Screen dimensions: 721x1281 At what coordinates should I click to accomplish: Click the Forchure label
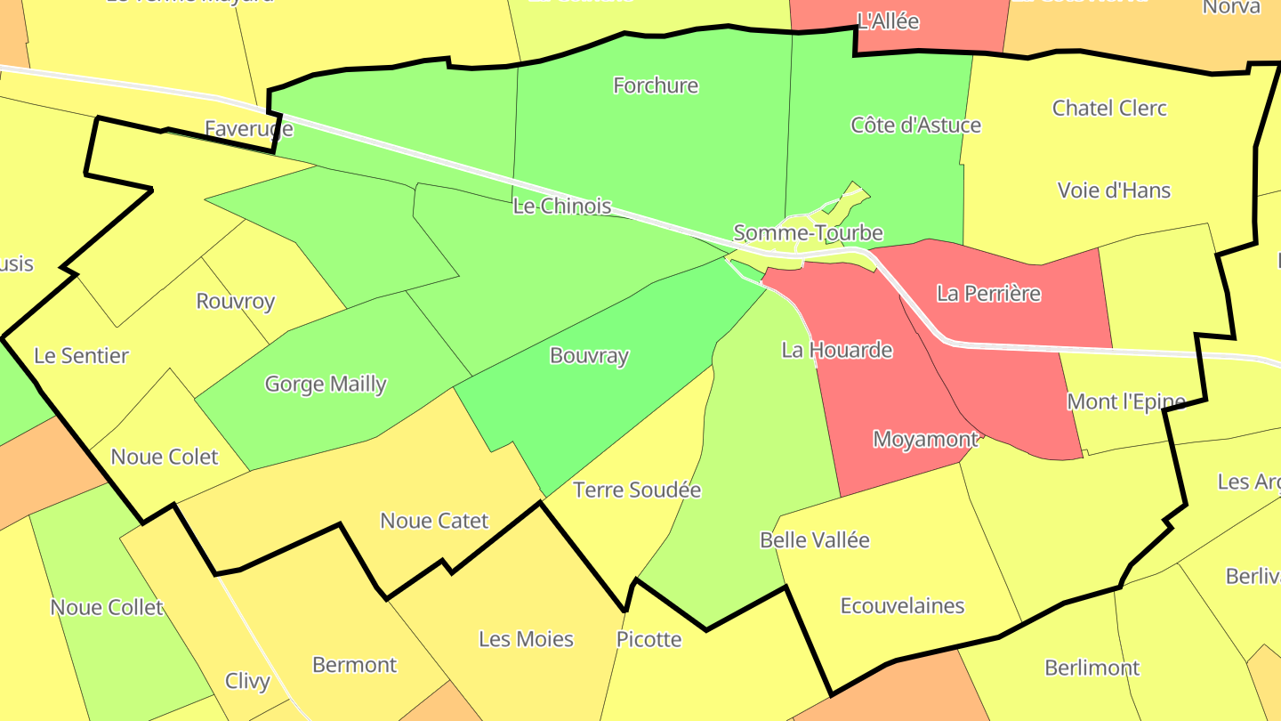point(656,85)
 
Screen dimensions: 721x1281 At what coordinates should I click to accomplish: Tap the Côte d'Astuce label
point(915,125)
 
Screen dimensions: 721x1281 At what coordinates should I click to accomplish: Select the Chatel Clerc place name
point(1109,108)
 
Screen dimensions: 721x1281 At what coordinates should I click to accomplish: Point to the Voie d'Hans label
point(1114,190)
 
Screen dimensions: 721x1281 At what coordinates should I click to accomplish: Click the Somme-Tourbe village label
point(808,233)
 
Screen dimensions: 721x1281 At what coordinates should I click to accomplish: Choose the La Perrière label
point(988,293)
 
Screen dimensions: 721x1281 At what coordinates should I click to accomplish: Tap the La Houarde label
point(836,350)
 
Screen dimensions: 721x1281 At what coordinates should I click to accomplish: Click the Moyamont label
point(925,439)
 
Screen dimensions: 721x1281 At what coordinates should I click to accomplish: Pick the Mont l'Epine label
point(1125,401)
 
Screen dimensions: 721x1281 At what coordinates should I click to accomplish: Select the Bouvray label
point(589,355)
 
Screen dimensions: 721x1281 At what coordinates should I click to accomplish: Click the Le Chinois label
point(562,207)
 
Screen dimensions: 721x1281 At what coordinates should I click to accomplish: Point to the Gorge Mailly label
point(326,384)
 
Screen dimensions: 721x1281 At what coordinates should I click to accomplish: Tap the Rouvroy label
point(236,300)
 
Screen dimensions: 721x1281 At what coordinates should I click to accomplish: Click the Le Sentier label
point(81,355)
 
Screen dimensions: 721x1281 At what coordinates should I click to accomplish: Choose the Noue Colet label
point(165,457)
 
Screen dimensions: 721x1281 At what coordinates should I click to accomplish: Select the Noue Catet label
point(434,520)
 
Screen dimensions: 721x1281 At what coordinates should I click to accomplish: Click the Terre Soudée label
point(637,490)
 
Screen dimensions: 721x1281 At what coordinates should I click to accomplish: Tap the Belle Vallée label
point(814,539)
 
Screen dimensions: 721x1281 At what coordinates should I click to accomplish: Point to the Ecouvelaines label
point(902,605)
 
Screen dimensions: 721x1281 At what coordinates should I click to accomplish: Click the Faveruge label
point(248,129)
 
